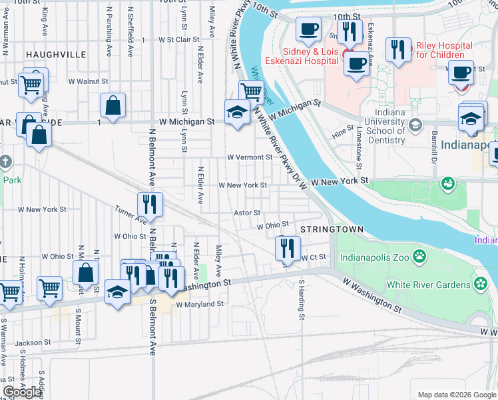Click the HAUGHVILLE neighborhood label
[56, 54]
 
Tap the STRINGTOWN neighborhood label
[332, 229]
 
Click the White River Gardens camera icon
[481, 285]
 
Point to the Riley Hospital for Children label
[444, 50]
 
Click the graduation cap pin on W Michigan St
[237, 111]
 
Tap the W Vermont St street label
[249, 157]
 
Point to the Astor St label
[246, 213]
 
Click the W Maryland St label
[199, 304]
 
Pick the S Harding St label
[302, 299]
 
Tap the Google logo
[22, 393]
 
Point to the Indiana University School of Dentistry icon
[415, 125]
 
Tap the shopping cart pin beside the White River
[251, 91]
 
